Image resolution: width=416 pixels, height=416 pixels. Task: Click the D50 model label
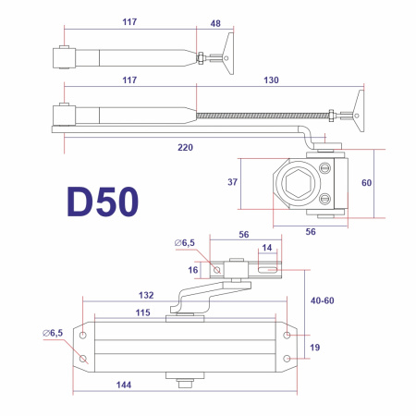pyautogui.click(x=103, y=202)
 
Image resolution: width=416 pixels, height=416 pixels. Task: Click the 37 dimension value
pyautogui.click(x=232, y=182)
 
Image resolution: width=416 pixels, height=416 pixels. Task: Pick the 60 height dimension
pyautogui.click(x=366, y=183)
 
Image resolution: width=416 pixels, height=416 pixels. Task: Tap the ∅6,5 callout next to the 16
pyautogui.click(x=185, y=242)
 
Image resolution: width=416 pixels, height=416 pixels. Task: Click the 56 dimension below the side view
pyautogui.click(x=311, y=230)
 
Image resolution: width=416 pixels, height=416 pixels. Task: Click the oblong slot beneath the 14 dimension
pyautogui.click(x=267, y=271)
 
